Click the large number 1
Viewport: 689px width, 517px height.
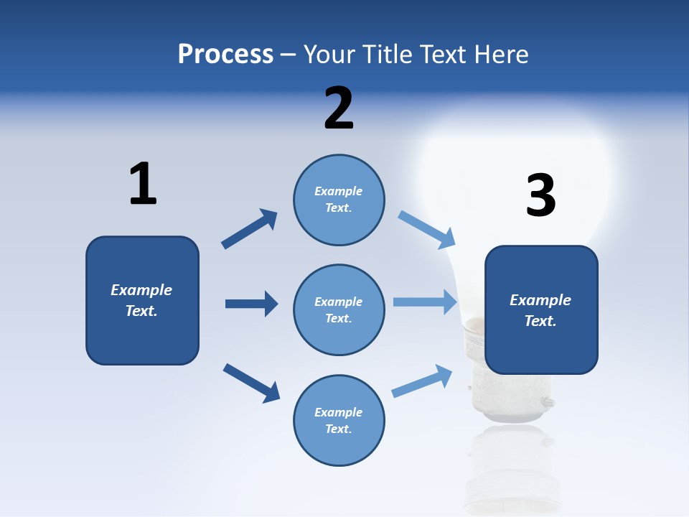[x=143, y=184]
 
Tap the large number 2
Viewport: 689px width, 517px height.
[x=339, y=108]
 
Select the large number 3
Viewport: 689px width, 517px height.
[x=540, y=195]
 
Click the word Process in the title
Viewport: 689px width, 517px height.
[x=225, y=54]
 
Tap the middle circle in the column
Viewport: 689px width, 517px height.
[x=339, y=309]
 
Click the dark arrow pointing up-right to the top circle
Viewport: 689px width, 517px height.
[x=250, y=228]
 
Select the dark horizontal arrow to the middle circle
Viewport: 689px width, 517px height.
[x=251, y=304]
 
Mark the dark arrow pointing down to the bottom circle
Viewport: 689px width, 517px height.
[x=251, y=382]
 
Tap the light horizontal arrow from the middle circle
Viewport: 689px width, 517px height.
[x=425, y=302]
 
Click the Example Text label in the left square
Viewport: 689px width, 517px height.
[x=141, y=300]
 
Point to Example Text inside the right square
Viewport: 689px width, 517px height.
[x=540, y=310]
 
